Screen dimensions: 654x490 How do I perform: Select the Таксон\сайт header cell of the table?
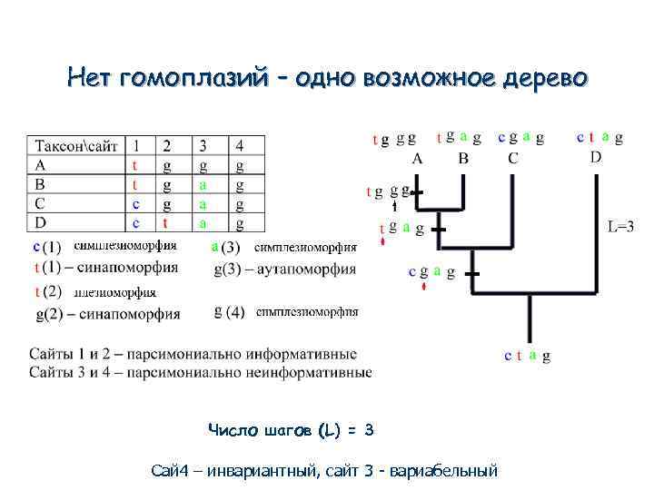click(x=76, y=146)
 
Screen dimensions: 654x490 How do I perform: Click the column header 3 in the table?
click(x=203, y=146)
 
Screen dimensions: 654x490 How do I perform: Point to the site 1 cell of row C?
click(x=135, y=204)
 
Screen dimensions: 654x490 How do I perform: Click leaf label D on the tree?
click(x=595, y=156)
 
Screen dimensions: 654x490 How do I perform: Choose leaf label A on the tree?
click(x=417, y=158)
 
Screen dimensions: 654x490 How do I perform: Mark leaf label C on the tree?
click(x=513, y=158)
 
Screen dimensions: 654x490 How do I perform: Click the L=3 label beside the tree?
click(x=620, y=227)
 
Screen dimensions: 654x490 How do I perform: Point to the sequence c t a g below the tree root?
click(x=527, y=357)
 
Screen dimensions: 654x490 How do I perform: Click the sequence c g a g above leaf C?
click(x=520, y=138)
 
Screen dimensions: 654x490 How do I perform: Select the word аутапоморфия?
click(x=310, y=269)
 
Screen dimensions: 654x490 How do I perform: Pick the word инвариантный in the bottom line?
click(x=260, y=471)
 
